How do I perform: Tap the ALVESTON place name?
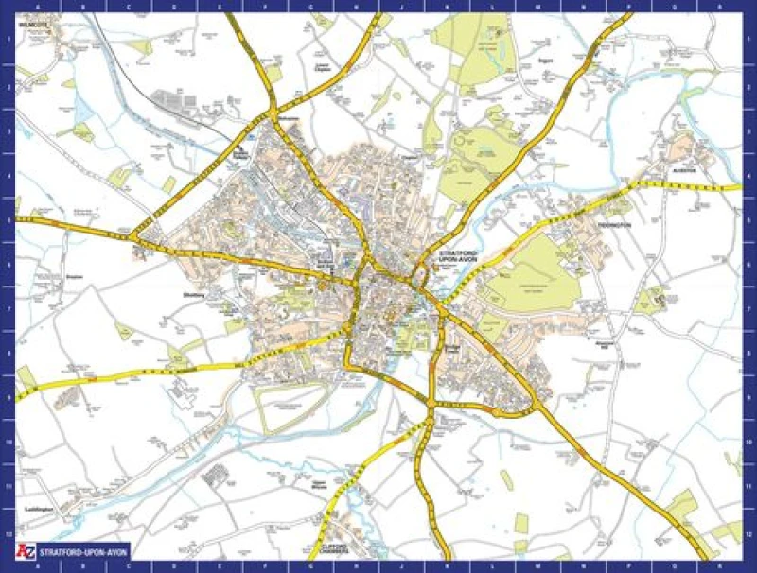pyautogui.click(x=685, y=171)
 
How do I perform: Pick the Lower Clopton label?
pyautogui.click(x=322, y=67)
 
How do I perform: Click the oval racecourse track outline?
pyautogui.click(x=293, y=406)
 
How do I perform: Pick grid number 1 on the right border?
pyautogui.click(x=750, y=40)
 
